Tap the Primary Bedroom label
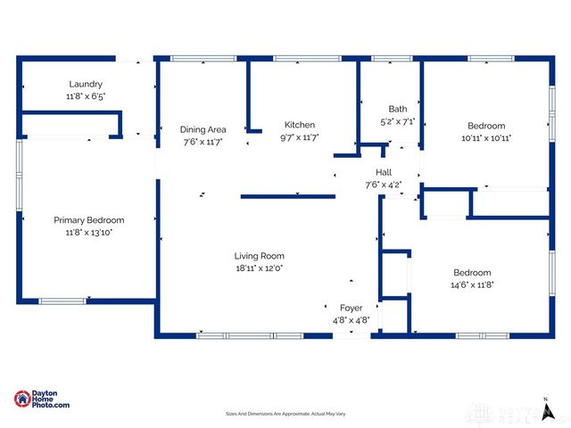[x=88, y=220]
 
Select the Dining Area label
[x=203, y=129]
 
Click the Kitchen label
[x=299, y=125]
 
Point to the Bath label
[x=397, y=109]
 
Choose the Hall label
[x=384, y=173]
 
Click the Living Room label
[x=259, y=256]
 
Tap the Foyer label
[x=351, y=308]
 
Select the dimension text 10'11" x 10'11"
[x=485, y=138]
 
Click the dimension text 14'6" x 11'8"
[x=472, y=284]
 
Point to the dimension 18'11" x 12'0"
[x=259, y=267]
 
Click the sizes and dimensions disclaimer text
[x=285, y=415]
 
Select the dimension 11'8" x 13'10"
[x=88, y=232]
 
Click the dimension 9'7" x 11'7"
[x=299, y=137]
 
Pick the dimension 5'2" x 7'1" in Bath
[x=397, y=121]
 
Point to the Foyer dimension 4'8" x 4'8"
[x=351, y=319]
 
